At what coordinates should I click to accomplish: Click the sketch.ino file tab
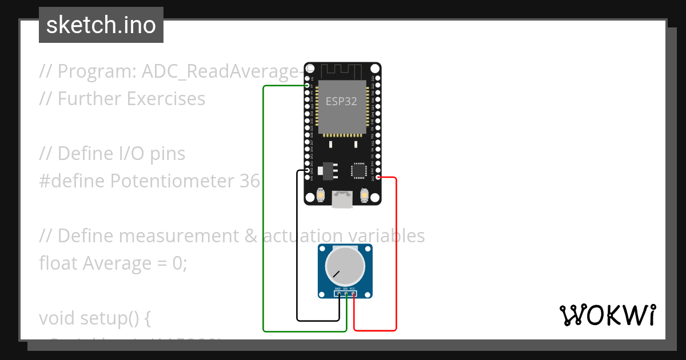coord(101,25)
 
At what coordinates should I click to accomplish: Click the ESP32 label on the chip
coord(341,101)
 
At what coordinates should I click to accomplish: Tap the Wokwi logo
coord(607,315)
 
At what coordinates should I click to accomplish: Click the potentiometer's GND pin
coord(338,294)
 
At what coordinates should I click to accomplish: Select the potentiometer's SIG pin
coord(346,294)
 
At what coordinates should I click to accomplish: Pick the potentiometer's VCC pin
coord(353,294)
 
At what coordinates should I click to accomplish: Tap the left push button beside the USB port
coord(321,196)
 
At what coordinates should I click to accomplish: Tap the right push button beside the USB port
coord(364,196)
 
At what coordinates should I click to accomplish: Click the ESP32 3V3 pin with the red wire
coord(378,178)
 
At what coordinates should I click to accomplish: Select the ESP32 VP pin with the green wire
coord(308,86)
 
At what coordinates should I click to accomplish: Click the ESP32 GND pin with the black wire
coord(308,170)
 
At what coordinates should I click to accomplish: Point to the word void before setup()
coord(57,318)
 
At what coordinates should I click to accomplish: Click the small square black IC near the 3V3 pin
coord(359,170)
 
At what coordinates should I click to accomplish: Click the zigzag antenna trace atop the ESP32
coord(341,71)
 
